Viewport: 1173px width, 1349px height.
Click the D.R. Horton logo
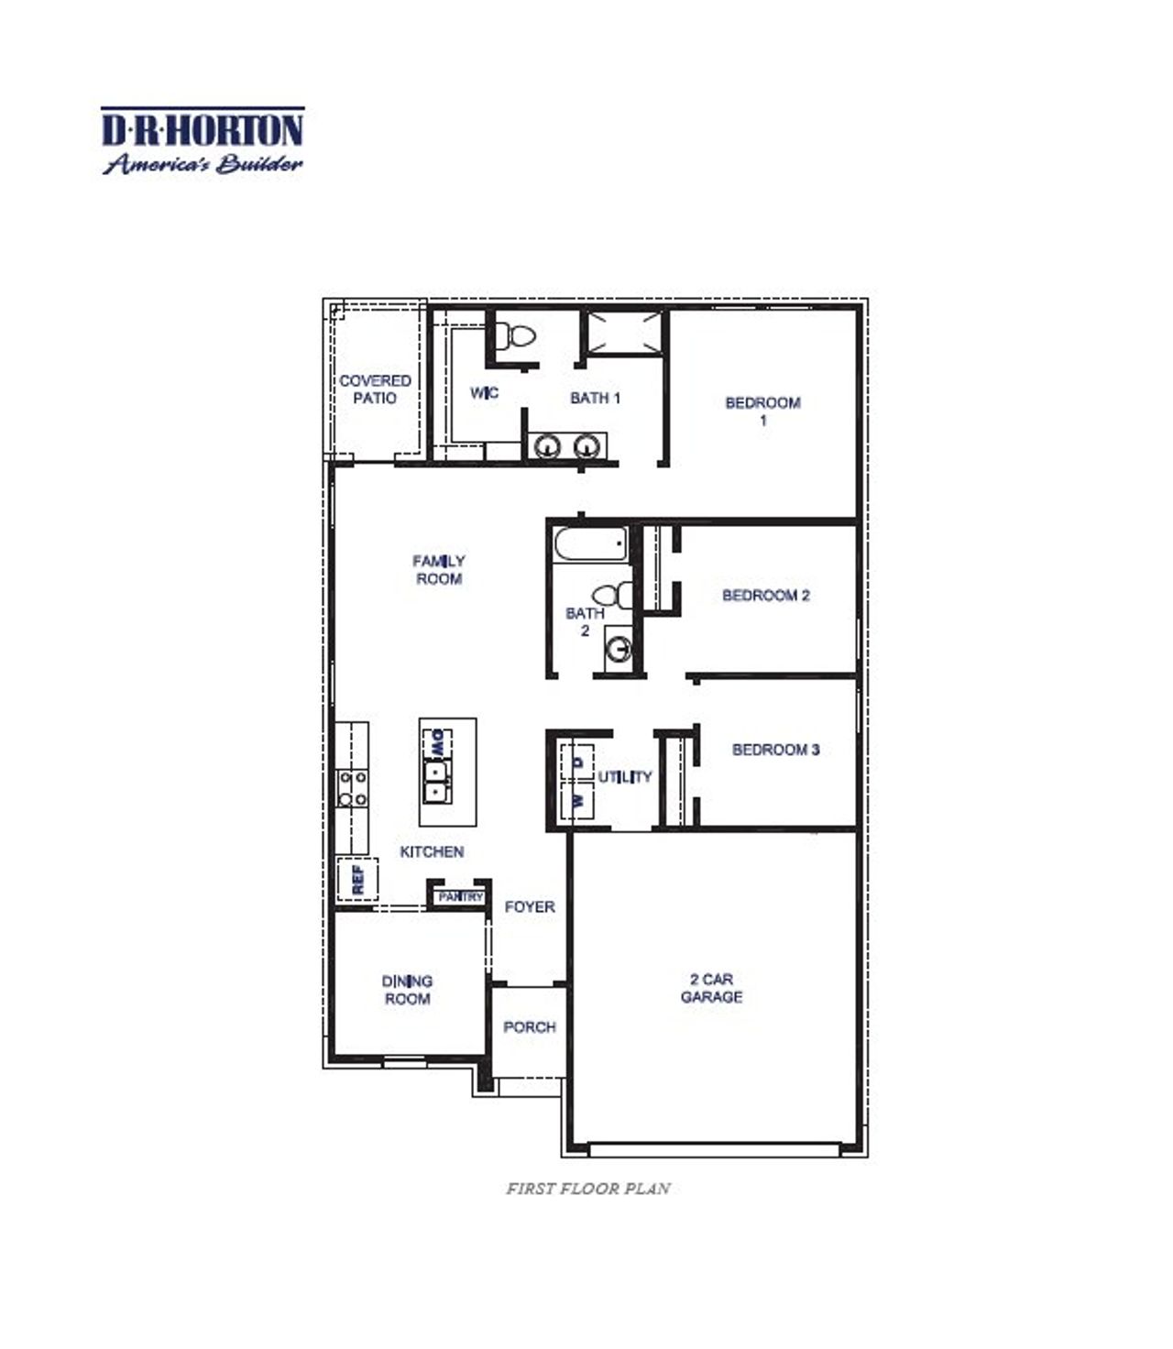(x=202, y=140)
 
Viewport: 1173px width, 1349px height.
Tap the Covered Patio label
(x=375, y=389)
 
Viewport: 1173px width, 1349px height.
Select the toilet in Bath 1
(x=519, y=335)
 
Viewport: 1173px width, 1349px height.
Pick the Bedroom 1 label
(x=762, y=411)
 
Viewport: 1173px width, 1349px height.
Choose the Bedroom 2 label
(x=766, y=596)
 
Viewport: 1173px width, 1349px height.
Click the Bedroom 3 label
(x=775, y=750)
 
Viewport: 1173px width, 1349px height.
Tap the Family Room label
(x=439, y=569)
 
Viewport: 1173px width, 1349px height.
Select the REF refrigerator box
(x=357, y=880)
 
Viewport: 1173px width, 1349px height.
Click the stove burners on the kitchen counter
(x=353, y=788)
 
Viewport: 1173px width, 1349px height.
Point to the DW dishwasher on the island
(x=437, y=743)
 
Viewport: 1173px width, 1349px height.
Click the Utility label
(x=625, y=777)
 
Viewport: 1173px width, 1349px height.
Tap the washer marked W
(x=577, y=800)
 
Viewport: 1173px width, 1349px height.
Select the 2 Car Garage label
(x=711, y=988)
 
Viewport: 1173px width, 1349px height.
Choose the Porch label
(x=530, y=1027)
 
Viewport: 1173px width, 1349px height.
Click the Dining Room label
(x=407, y=990)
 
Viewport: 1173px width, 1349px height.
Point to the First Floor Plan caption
(x=588, y=1189)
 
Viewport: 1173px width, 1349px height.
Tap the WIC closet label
(x=484, y=393)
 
